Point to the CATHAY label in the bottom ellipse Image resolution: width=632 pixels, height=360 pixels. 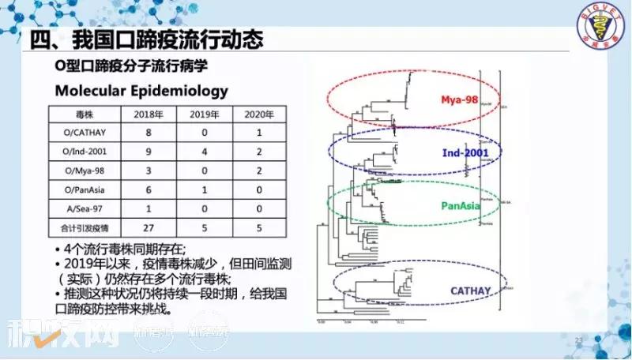point(472,291)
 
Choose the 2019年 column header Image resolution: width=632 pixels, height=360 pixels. point(204,114)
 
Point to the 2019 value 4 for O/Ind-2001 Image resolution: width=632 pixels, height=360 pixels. point(204,152)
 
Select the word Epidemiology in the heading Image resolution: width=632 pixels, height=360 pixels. point(182,91)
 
